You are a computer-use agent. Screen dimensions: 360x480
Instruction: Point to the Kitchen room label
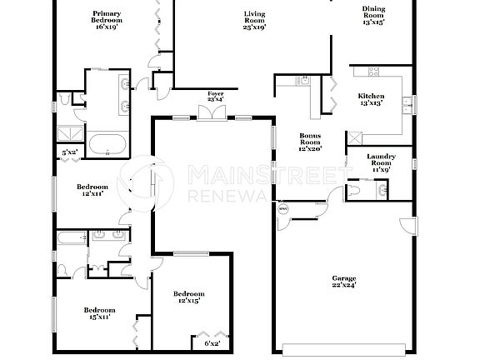370,99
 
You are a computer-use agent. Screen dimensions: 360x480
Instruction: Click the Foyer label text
215,96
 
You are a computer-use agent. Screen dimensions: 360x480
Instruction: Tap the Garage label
344,282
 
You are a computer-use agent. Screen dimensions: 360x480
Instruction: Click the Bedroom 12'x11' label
92,190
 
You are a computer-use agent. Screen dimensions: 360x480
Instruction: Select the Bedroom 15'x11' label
98,312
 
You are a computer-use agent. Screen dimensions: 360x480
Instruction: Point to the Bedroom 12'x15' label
188,297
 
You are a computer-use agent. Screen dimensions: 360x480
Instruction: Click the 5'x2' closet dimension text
71,152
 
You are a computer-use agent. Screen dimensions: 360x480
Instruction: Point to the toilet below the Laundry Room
354,191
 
